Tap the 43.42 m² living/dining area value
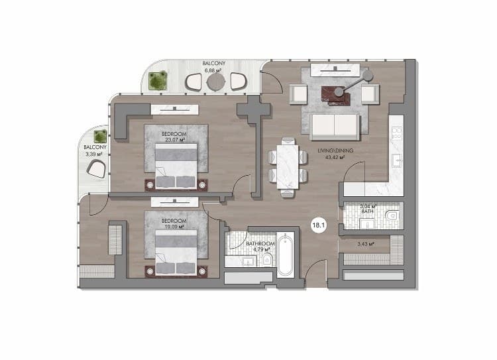[x=335, y=157]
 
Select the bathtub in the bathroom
[x=285, y=255]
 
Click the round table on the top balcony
[x=216, y=82]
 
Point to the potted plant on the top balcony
[x=158, y=81]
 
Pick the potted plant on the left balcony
[x=100, y=137]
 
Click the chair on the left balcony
[x=96, y=169]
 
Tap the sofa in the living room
[x=335, y=127]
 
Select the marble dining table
[x=288, y=167]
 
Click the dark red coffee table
[x=336, y=95]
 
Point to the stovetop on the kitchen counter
[x=397, y=133]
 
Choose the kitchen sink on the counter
[x=397, y=160]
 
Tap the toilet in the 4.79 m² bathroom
[x=268, y=260]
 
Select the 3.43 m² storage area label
[x=366, y=244]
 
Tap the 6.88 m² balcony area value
[x=213, y=70]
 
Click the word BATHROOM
[x=260, y=243]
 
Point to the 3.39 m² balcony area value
[x=94, y=154]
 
